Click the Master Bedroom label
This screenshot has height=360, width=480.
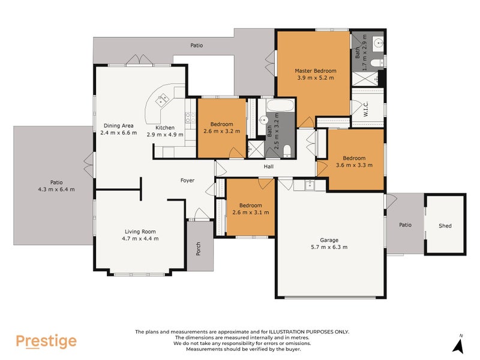coord(316,70)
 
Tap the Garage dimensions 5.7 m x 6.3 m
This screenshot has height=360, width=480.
coord(329,247)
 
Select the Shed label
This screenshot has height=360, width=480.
coord(445,226)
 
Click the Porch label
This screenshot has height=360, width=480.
coord(199,248)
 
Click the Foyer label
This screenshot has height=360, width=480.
coord(187,180)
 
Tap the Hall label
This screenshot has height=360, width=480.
coord(269,167)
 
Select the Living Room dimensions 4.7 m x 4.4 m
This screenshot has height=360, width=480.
coord(140,238)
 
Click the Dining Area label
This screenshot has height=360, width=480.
coord(118,125)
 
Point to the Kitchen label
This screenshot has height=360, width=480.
coord(165,127)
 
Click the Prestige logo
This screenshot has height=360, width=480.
coord(46,341)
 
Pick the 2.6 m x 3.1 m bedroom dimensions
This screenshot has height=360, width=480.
coord(250,212)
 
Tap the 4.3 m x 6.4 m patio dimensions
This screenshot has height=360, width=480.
coord(56,190)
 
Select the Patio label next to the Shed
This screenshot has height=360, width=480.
coord(405,225)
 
